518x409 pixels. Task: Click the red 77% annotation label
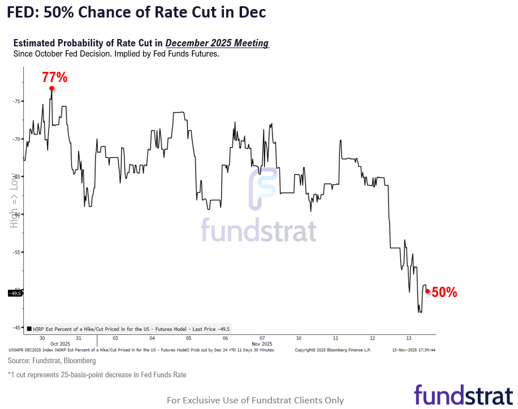point(54,78)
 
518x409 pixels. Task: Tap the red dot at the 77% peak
point(51,88)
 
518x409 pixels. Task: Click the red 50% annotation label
point(444,292)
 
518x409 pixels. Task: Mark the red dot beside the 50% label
point(428,292)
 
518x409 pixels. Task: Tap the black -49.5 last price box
point(15,293)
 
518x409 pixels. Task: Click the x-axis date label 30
point(42,338)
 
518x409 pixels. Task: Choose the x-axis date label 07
point(262,338)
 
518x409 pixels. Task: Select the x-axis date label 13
point(409,338)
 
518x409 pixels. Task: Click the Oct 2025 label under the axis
point(60,344)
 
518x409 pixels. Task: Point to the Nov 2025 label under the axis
point(262,344)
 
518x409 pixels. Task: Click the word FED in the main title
point(21,12)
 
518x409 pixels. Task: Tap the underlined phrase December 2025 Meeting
point(217,44)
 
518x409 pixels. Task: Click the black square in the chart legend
point(29,329)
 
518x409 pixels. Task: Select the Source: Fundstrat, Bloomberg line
point(51,360)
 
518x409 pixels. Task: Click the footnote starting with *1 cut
point(97,374)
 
